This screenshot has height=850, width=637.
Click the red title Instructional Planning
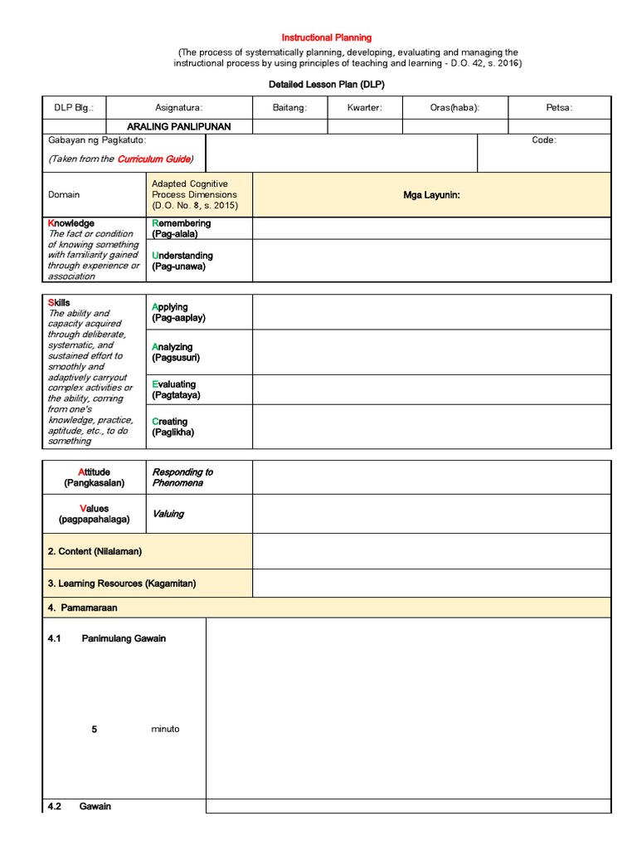click(x=327, y=37)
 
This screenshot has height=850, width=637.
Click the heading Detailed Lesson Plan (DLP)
click(x=327, y=85)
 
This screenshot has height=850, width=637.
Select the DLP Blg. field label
click(x=75, y=108)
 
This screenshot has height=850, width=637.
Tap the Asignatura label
click(x=179, y=108)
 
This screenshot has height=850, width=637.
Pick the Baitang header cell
click(x=289, y=108)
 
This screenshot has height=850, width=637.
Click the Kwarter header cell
click(x=365, y=108)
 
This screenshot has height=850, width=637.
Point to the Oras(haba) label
click(x=455, y=108)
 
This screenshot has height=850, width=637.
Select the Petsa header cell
click(x=560, y=108)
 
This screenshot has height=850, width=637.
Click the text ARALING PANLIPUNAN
click(x=178, y=126)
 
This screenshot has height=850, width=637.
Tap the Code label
click(x=544, y=140)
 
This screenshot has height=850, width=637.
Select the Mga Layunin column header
click(x=431, y=194)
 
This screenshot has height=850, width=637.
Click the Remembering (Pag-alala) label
click(x=182, y=228)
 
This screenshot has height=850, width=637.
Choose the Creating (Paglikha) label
click(x=173, y=427)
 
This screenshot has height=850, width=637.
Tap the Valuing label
click(x=168, y=514)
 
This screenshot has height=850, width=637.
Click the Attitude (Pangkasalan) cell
click(x=94, y=477)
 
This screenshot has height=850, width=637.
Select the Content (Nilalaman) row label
click(x=95, y=551)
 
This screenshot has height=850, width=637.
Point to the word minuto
click(x=165, y=729)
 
